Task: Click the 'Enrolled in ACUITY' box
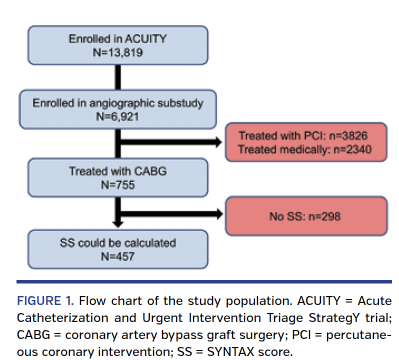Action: click(x=117, y=44)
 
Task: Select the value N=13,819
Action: click(x=117, y=52)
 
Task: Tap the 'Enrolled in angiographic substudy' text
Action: click(x=118, y=103)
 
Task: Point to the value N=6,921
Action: click(x=118, y=116)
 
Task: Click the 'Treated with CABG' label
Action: click(x=118, y=171)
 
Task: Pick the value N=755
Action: click(x=118, y=184)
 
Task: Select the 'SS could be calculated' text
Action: click(x=118, y=243)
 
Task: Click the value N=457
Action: click(x=118, y=256)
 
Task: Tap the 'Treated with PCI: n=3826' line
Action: click(x=305, y=135)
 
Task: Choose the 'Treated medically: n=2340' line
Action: click(x=305, y=148)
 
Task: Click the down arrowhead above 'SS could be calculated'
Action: click(x=118, y=223)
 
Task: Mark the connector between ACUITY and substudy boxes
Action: click(x=118, y=77)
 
